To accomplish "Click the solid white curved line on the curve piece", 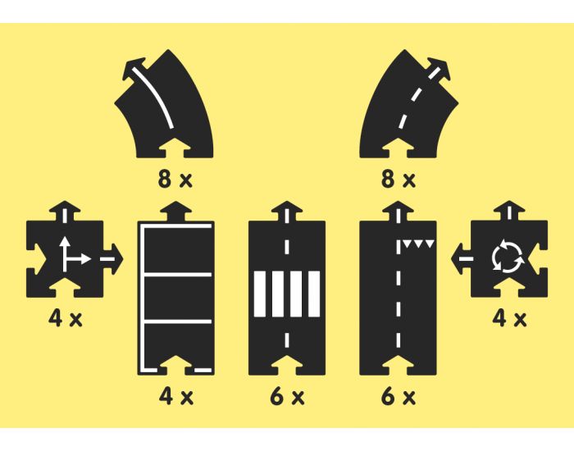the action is point(154,96).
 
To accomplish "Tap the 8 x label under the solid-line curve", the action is point(175,180).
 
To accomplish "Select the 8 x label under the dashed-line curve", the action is point(399,180).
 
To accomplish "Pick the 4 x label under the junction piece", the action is point(65,318).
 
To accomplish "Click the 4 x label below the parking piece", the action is point(176,396).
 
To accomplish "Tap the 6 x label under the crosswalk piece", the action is point(287,396).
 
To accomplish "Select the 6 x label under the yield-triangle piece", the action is point(399,396).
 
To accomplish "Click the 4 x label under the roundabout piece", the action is point(509,318).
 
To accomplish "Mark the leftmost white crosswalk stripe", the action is point(260,294).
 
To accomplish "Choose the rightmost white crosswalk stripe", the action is point(314,294).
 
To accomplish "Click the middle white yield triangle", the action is point(419,244).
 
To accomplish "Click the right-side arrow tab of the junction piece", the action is point(112,259).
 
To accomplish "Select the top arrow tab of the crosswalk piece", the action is point(287,212).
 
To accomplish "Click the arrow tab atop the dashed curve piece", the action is point(437,68).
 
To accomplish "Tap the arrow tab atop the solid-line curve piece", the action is point(134,68).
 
